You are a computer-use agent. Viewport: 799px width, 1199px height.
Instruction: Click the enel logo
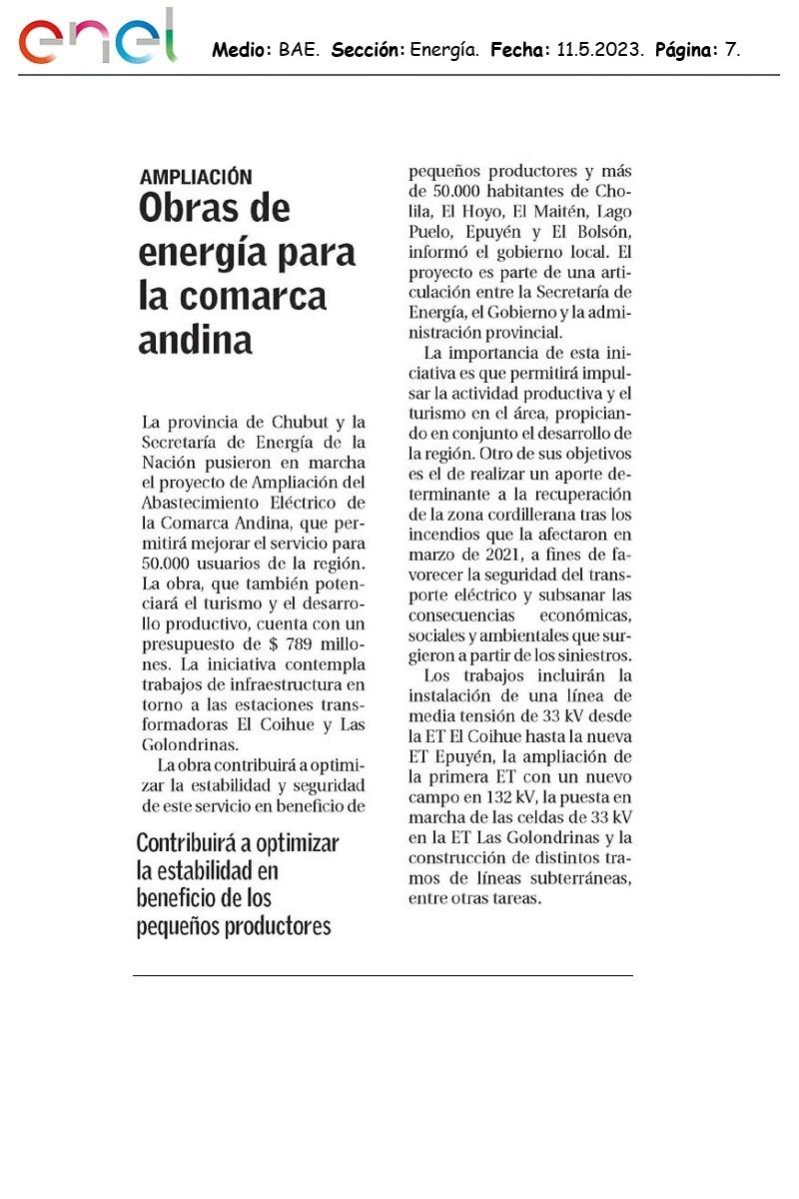(x=97, y=39)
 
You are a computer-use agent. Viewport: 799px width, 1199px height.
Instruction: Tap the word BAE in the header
(x=300, y=48)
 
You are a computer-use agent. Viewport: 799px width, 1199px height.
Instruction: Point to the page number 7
(x=733, y=48)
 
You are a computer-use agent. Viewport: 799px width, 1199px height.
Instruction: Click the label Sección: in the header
(x=368, y=48)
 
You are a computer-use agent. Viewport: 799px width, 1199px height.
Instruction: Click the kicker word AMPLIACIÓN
(x=196, y=177)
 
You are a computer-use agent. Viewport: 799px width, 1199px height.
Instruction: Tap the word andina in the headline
(x=195, y=341)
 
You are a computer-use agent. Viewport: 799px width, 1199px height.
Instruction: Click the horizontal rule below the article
(x=383, y=975)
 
